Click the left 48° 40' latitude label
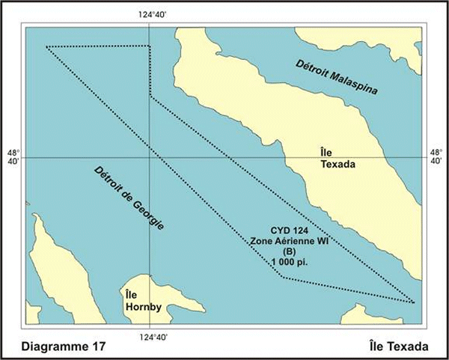click(x=12, y=158)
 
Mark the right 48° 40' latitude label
click(x=436, y=158)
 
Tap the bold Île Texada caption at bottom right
click(x=400, y=347)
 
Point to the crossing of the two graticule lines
click(x=150, y=158)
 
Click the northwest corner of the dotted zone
click(x=46, y=46)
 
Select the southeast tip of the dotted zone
click(x=415, y=303)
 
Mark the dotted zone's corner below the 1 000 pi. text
click(x=282, y=277)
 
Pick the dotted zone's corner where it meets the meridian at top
click(x=150, y=46)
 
